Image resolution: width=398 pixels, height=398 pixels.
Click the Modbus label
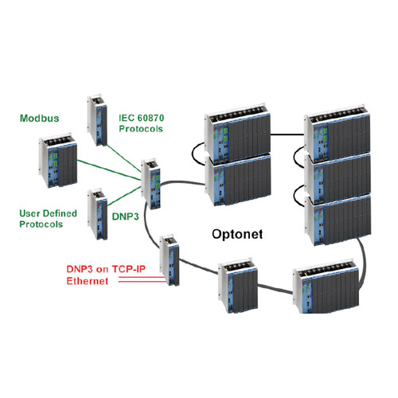40,119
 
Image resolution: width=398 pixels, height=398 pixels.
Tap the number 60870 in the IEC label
150,118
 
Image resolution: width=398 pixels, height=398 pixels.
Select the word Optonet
237,234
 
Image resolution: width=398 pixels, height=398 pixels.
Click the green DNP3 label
126,217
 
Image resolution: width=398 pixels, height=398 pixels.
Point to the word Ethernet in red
88,281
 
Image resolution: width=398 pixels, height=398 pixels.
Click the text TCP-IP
129,269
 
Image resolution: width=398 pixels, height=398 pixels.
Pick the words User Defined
48,213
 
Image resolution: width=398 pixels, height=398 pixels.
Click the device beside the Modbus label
58,160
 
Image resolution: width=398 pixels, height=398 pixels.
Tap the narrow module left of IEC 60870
97,121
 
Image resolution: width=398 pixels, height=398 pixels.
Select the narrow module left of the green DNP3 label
98,214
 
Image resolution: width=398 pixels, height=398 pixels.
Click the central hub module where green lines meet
150,184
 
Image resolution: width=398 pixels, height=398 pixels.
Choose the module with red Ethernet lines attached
170,260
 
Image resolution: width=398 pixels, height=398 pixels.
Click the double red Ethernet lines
141,279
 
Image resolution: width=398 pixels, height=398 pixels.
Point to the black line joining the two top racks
287,135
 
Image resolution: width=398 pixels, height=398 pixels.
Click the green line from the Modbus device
109,170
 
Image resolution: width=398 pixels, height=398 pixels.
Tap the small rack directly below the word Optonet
238,285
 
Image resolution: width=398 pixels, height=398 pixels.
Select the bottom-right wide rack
326,287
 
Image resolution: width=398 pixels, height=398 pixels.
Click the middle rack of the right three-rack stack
338,178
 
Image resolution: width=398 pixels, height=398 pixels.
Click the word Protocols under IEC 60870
141,129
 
